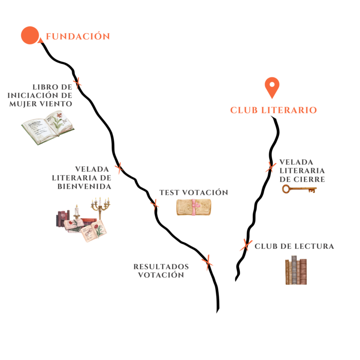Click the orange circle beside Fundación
tap(30, 35)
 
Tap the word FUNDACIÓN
tap(78, 36)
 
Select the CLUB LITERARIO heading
tap(273, 110)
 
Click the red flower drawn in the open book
tap(59, 115)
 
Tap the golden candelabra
tap(100, 208)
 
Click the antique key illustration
tap(299, 189)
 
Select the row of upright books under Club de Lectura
tap(296, 270)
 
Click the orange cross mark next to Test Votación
tap(155, 204)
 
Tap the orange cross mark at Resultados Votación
tap(208, 262)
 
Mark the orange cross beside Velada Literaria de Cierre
tap(271, 167)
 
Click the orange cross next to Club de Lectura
tap(246, 245)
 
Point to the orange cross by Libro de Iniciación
tap(78, 82)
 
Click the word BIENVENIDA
tap(84, 186)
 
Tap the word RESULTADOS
tap(161, 267)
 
